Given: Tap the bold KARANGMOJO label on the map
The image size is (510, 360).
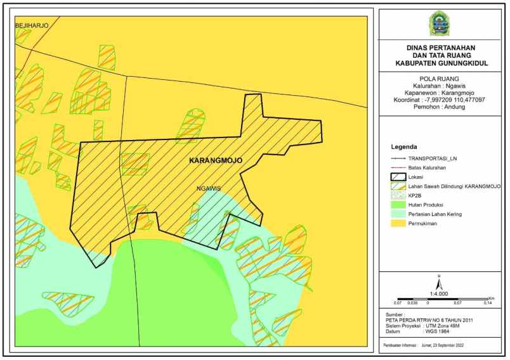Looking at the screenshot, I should pos(216,161).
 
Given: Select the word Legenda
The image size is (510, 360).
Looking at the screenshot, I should pos(404,145).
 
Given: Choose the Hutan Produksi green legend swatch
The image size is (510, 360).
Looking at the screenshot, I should pos(398,205).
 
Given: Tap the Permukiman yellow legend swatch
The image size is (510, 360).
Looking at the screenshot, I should pos(398,224).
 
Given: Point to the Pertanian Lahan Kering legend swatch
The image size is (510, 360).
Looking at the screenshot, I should pos(398,214).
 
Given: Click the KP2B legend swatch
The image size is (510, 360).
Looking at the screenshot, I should pos(398,196).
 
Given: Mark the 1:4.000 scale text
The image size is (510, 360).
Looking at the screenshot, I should pos(439,294).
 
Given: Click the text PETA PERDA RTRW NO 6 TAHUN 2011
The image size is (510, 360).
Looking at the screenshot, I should pos(429,320).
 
